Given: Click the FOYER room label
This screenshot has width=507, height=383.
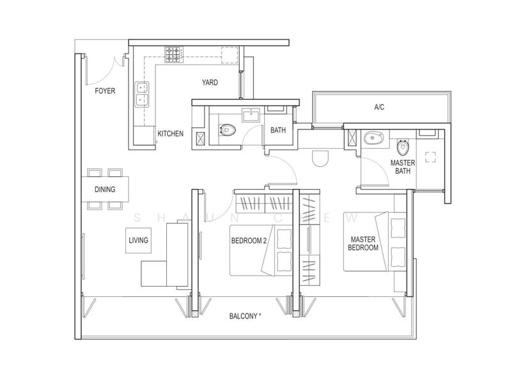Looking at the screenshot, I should click(x=105, y=91).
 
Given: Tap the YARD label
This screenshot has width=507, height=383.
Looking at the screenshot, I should click(x=210, y=82).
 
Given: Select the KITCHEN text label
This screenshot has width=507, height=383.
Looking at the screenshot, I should click(x=171, y=134).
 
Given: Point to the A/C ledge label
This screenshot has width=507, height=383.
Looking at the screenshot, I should click(x=380, y=107).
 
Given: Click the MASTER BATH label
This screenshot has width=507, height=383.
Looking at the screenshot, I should click(x=403, y=167).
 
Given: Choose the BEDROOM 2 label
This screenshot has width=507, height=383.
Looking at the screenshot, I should click(x=249, y=241).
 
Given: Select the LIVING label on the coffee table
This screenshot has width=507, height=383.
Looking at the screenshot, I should click(x=138, y=241).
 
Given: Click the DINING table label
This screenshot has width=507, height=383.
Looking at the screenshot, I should click(x=105, y=190).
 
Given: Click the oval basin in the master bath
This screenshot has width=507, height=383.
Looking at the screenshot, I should click(x=373, y=137).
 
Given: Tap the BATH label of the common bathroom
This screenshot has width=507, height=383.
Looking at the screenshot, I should click(x=278, y=130).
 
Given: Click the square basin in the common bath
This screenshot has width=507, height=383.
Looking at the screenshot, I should click(x=249, y=116).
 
